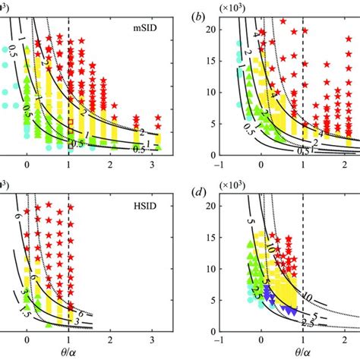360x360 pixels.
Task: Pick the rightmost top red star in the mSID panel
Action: (158, 118)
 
